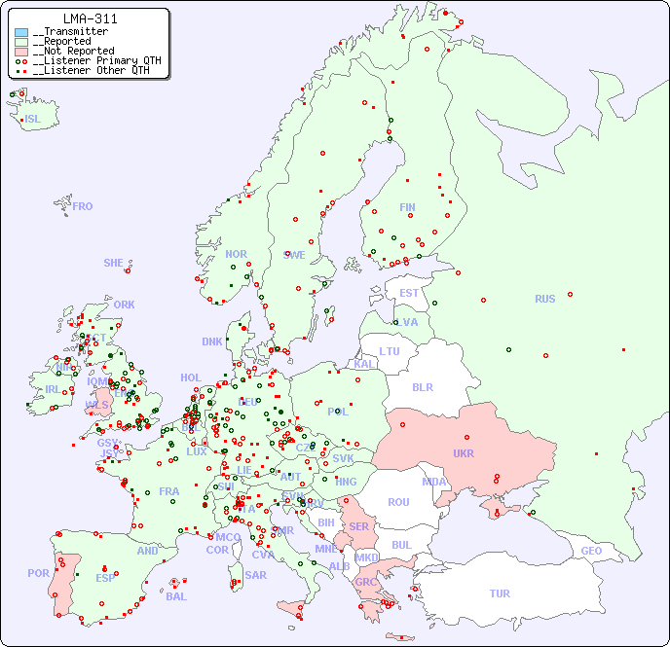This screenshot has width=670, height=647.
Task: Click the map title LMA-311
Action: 90,18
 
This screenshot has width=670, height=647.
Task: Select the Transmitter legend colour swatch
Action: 21,32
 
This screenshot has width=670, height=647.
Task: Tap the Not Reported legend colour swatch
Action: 21,51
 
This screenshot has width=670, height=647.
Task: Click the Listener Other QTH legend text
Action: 93,70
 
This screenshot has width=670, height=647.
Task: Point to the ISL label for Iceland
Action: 33,120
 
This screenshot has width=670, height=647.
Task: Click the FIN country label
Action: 407,207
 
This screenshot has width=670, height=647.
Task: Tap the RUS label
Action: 544,299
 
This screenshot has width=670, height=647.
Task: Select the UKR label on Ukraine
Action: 464,453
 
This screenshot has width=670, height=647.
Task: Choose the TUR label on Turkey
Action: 500,593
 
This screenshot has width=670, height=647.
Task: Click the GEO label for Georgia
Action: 591,551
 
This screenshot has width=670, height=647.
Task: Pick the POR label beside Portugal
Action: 38,573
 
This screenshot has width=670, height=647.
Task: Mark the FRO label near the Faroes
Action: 83,206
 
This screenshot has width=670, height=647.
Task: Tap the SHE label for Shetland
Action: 114,263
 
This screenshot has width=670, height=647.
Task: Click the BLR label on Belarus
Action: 423,386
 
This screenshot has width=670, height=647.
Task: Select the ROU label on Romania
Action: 398,502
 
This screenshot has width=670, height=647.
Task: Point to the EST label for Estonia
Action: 409,293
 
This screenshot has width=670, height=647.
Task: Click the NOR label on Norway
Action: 236,254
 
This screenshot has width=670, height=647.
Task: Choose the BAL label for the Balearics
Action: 176,596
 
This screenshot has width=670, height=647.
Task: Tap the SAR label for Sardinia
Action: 256,575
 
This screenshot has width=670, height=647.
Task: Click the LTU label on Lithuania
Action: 390,351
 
